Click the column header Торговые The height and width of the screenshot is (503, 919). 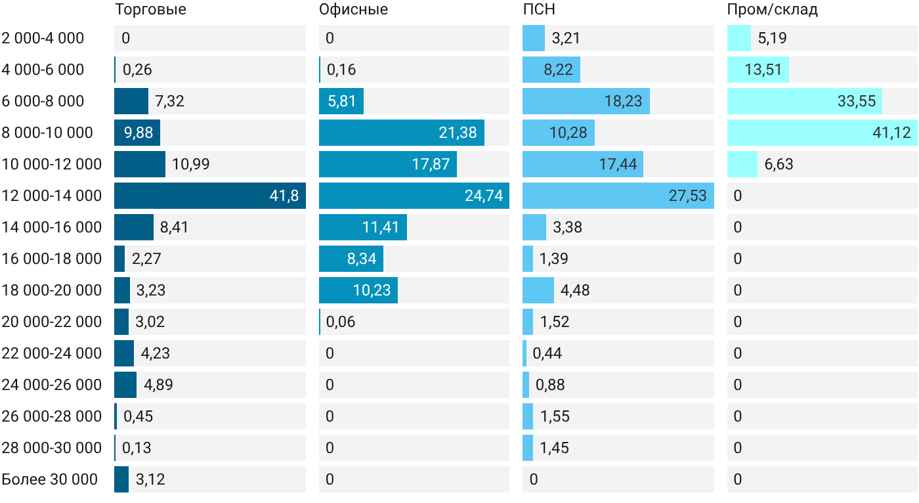tap(150, 9)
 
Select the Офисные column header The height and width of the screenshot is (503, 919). tap(353, 9)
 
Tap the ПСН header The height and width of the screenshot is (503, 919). tap(539, 9)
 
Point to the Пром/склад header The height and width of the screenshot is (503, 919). tap(773, 9)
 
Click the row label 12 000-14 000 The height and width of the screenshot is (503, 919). tap(52, 196)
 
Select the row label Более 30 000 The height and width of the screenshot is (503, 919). tap(50, 479)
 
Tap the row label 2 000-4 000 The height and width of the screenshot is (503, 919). tap(43, 38)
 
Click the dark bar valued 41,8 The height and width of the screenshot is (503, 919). tap(210, 196)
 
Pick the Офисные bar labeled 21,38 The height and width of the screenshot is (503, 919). tap(402, 133)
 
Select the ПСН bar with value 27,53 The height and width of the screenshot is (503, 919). tap(618, 196)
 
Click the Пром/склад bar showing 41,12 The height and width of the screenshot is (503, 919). tap(823, 133)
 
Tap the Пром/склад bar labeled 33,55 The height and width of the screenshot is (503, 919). tap(805, 101)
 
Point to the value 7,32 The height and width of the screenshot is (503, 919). tap(169, 101)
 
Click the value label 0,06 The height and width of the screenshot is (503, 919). tap(341, 322)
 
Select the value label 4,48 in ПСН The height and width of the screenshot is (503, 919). tap(575, 290)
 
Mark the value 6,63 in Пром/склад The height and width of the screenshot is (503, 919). tap(779, 164)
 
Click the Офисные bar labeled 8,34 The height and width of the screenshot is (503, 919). tap(351, 259)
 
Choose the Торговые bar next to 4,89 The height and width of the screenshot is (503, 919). tap(125, 385)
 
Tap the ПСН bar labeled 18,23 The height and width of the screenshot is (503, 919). tap(586, 101)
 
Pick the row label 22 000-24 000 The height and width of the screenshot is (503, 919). tap(52, 353)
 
